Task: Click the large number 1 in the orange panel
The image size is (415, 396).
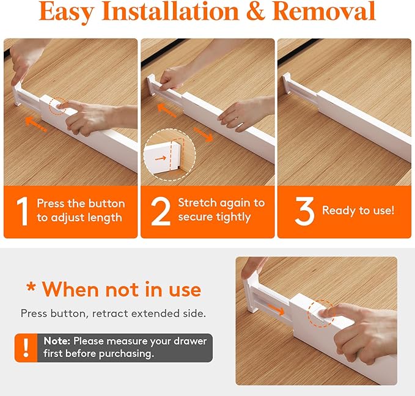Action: (x=22, y=211)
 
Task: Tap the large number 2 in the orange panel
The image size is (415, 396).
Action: (x=160, y=211)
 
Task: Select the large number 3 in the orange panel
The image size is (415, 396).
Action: (x=304, y=211)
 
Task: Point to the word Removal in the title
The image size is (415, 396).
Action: (x=323, y=12)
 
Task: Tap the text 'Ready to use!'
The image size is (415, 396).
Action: (x=358, y=211)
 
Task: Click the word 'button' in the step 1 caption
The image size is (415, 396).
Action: (x=108, y=204)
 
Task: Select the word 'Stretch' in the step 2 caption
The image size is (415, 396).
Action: (x=196, y=202)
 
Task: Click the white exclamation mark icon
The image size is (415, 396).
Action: (x=25, y=348)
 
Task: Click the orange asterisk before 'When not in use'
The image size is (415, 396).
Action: (x=31, y=288)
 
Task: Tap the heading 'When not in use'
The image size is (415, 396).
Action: (x=121, y=288)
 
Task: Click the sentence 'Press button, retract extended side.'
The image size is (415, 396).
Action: (x=113, y=313)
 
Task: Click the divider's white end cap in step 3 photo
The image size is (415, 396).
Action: (x=285, y=86)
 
